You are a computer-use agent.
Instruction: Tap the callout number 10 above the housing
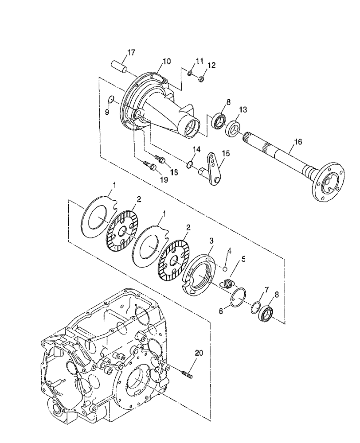(x=166, y=62)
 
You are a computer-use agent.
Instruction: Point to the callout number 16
(x=297, y=142)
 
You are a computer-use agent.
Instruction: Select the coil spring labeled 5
(x=227, y=282)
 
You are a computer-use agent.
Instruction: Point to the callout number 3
(x=212, y=240)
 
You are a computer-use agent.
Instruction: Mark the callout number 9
(x=107, y=113)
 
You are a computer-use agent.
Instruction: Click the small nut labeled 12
(x=200, y=79)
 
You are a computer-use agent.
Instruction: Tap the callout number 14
(x=196, y=149)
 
